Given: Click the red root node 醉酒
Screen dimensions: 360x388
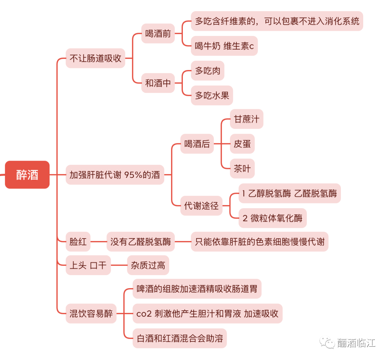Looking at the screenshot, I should [27, 175].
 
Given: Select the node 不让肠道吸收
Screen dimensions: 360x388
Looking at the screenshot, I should [95, 58].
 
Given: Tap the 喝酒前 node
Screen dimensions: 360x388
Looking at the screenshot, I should [158, 34].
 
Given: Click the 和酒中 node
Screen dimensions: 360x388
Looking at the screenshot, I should [158, 83].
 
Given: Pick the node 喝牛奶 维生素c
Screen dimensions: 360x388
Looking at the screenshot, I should [224, 46].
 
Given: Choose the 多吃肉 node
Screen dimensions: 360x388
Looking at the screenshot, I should [207, 71].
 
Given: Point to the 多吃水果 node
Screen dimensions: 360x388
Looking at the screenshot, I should [212, 95].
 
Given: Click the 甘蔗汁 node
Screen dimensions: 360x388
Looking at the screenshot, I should [246, 119].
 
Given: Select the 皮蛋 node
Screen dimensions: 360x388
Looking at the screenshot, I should [242, 144].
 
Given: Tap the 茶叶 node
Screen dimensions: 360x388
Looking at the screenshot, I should [242, 168].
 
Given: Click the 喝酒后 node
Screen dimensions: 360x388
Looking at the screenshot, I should [197, 144].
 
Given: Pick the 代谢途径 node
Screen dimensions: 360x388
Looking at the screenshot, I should [201, 206].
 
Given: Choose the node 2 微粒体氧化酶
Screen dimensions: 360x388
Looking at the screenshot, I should [272, 218].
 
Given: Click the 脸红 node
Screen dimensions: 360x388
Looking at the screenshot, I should [78, 241].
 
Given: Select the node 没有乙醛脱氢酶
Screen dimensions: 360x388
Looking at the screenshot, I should [140, 241].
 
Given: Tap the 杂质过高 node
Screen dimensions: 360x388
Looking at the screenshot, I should [148, 266].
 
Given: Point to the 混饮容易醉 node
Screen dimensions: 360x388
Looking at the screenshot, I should [91, 314].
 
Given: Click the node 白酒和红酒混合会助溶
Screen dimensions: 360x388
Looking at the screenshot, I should [180, 338].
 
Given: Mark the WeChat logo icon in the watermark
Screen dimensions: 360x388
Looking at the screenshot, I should [328, 342].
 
